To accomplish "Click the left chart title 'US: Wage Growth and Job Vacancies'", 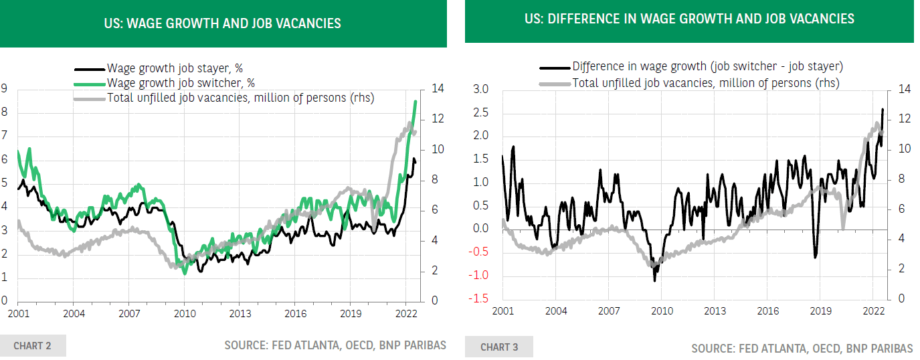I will (x=223, y=23).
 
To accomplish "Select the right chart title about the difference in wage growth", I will (x=689, y=19).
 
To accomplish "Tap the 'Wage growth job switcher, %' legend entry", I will (x=181, y=82).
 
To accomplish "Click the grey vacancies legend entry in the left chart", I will (x=240, y=98).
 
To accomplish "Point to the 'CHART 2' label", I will (x=32, y=346).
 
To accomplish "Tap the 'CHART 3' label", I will (x=499, y=347).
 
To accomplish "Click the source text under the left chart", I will (x=335, y=346).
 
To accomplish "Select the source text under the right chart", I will (x=802, y=349).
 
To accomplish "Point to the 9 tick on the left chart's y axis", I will (x=4, y=88).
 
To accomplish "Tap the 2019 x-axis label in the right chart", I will (x=820, y=310).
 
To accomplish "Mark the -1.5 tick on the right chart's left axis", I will (x=481, y=298).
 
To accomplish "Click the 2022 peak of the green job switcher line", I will (x=416, y=102).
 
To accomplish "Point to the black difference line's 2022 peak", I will (x=883, y=109).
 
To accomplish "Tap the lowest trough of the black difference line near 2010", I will (x=654, y=280).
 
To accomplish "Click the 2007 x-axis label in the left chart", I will (x=129, y=313).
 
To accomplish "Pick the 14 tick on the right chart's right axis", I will (x=904, y=89).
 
